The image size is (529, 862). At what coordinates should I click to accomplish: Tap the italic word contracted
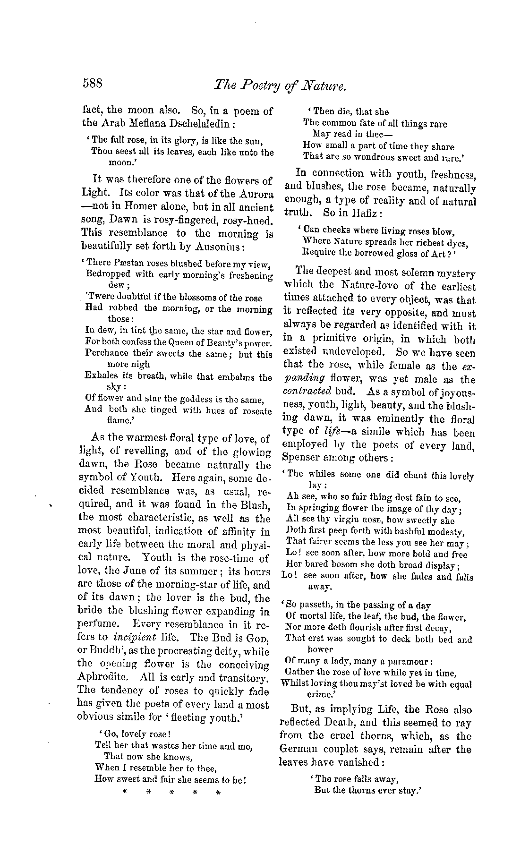coord(307,392)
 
